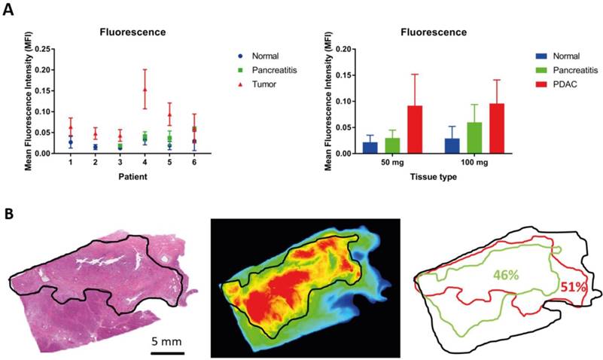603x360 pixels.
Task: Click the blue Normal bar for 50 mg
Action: click(370, 147)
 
